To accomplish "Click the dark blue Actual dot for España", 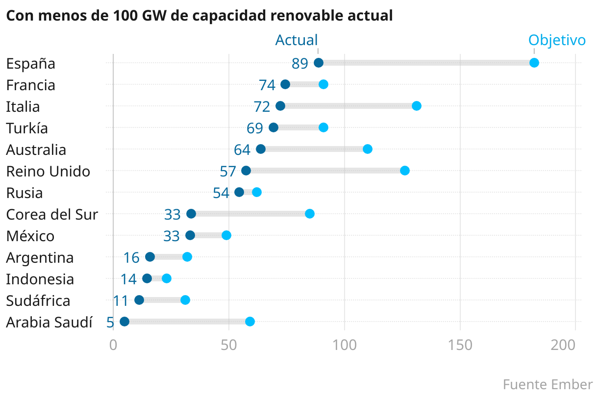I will click(319, 63).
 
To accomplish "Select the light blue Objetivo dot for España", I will click(534, 63).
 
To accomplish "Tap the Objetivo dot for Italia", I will click(417, 106).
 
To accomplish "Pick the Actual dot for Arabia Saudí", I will click(125, 322).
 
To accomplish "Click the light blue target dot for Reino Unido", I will click(405, 171).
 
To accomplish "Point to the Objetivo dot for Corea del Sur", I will click(310, 214).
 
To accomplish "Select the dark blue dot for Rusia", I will click(239, 192).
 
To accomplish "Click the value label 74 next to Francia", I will click(267, 85).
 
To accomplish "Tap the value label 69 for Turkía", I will click(255, 128).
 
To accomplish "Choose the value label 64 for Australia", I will click(242, 150).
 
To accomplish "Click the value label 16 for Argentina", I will click(131, 258).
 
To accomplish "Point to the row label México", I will click(30, 236).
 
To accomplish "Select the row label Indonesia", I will click(40, 279).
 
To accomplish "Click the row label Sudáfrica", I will click(38, 301).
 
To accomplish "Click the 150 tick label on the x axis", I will click(460, 345).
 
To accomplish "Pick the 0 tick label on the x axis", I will click(113, 345).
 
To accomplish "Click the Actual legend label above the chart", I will click(297, 40).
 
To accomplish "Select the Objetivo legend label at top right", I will click(557, 40).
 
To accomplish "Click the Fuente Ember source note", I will click(548, 384).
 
